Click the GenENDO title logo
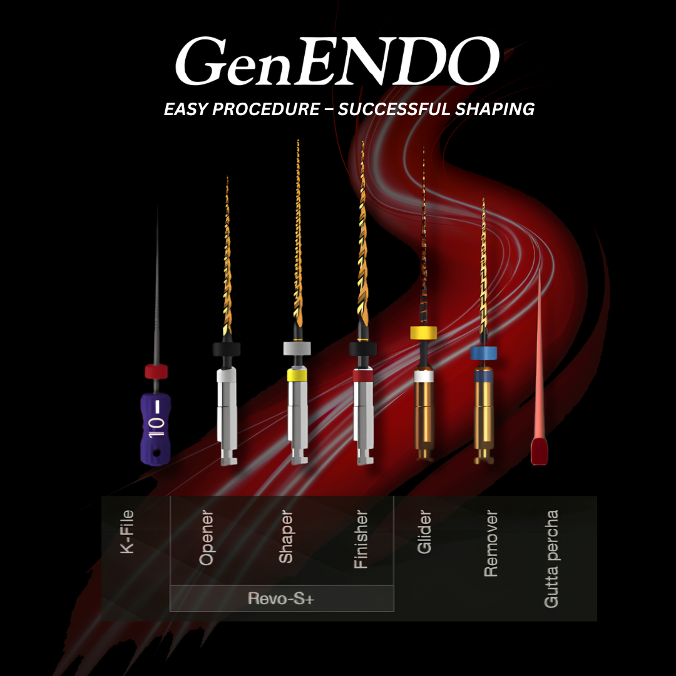(x=337, y=61)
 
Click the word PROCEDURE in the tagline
(x=266, y=109)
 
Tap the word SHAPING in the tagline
(x=495, y=109)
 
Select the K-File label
(x=127, y=531)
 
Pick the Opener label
(x=206, y=538)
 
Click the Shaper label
(x=286, y=536)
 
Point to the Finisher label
(x=361, y=540)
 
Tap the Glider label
(x=424, y=531)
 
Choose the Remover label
(x=491, y=543)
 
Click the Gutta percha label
(x=551, y=559)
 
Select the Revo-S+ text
(x=281, y=598)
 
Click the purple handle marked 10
(x=156, y=429)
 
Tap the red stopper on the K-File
(x=156, y=372)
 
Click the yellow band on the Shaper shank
(x=297, y=375)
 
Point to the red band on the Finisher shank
(x=363, y=375)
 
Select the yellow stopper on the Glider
(x=423, y=333)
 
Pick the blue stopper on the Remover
(x=484, y=353)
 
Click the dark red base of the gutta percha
(x=540, y=451)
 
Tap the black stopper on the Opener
(x=227, y=349)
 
